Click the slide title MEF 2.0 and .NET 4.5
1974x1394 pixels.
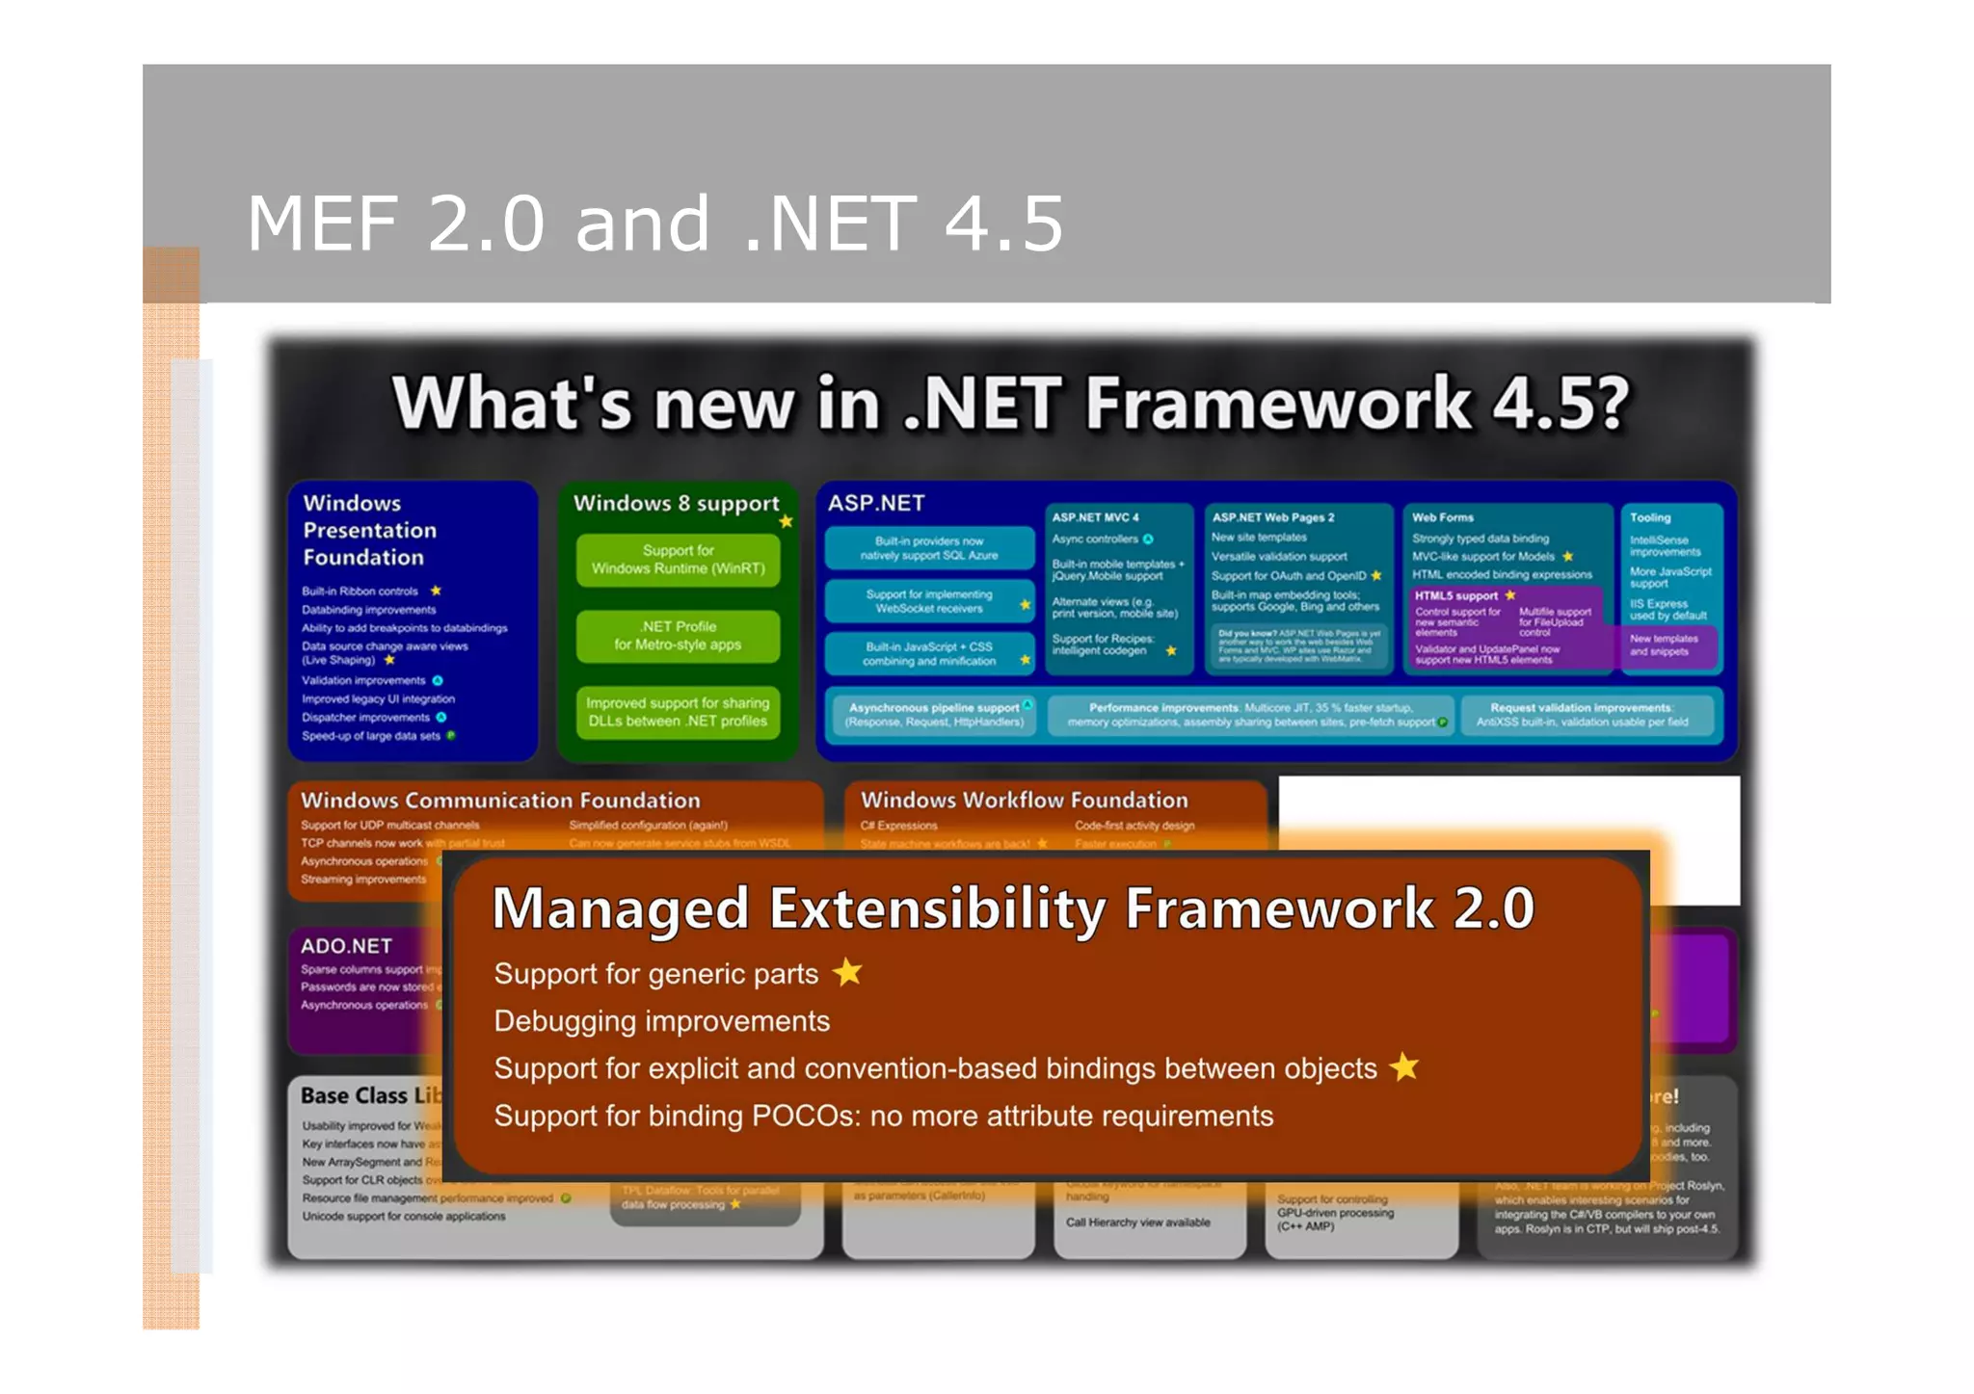(x=655, y=224)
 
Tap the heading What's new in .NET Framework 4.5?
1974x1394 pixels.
(x=1010, y=403)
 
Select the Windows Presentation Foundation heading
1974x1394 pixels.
(x=369, y=530)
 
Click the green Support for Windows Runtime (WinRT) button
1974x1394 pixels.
(x=678, y=560)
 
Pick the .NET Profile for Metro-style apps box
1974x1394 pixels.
(x=678, y=636)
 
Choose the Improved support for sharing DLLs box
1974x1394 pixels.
(x=678, y=712)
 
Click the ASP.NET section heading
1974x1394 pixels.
(x=875, y=503)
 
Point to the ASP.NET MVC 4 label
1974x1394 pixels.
(x=1095, y=517)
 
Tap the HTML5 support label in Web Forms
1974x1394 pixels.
(x=1455, y=595)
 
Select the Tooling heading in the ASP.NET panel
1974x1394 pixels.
(x=1650, y=517)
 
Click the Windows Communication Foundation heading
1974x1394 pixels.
(x=500, y=801)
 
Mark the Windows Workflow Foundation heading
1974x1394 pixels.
(x=1024, y=800)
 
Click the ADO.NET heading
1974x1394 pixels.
(x=346, y=946)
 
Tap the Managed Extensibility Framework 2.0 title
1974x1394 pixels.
(x=1012, y=908)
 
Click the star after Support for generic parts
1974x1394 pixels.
(x=847, y=973)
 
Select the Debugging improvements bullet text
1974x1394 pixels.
(x=661, y=1021)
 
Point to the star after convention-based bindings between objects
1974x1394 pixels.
(x=1404, y=1067)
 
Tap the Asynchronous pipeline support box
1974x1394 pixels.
(x=933, y=715)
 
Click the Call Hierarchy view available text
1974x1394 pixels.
(x=1137, y=1223)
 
